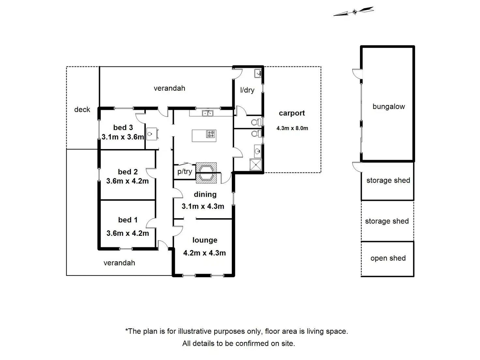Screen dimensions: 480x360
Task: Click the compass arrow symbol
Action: pos(354,11)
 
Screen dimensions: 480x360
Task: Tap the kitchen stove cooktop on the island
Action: pos(211,134)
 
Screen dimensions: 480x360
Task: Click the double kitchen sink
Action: pos(207,113)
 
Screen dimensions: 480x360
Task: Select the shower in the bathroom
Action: pos(256,165)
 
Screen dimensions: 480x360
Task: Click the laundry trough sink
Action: pos(258,73)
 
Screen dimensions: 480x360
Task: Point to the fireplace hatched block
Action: pos(206,173)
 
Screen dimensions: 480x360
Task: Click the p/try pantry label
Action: pos(185,172)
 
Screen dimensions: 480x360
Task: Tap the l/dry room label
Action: pos(247,90)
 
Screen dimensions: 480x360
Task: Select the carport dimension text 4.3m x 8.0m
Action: pos(292,128)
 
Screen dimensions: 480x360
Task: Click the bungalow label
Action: pos(389,106)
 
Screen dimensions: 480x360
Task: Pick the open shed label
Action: pos(388,258)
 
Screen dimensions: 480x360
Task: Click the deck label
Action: pos(82,109)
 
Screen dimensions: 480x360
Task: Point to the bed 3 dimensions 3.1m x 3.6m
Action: pos(123,137)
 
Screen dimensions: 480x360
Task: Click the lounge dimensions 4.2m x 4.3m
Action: pos(204,253)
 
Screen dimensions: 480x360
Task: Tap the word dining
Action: pos(205,194)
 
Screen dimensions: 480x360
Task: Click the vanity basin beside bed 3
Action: pos(152,134)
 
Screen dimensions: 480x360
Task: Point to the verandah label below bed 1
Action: pos(119,263)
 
